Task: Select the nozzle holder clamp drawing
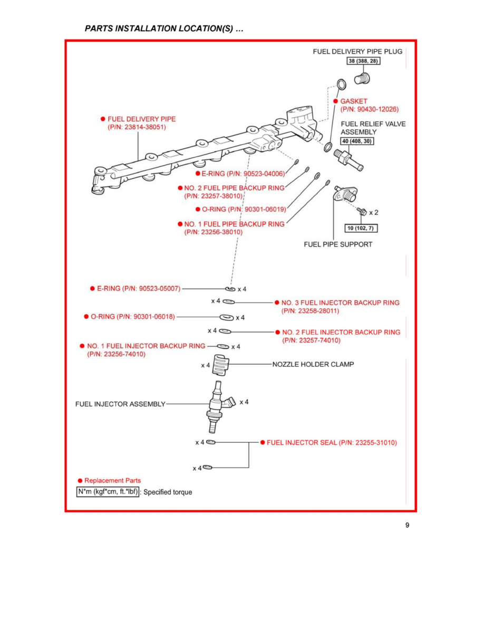[x=222, y=365]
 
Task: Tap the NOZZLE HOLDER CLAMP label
[x=313, y=364]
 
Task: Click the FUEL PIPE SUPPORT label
[x=338, y=244]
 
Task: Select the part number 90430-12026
[x=370, y=109]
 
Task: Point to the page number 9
[x=407, y=525]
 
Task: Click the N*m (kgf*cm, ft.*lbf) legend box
[x=109, y=492]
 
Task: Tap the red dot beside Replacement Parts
[x=80, y=481]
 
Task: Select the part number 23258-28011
[x=311, y=311]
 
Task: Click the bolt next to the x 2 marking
[x=362, y=212]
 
